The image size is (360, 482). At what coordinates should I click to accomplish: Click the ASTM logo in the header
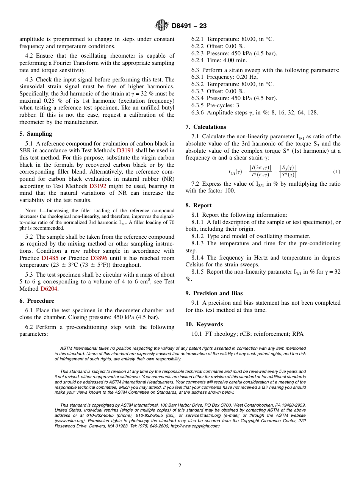coord(162,25)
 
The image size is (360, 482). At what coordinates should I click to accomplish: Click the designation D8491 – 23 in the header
coord(189,26)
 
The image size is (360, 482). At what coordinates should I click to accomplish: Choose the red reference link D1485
coord(50,258)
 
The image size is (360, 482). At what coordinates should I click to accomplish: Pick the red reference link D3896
coord(99,258)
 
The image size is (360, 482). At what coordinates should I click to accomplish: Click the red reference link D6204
coord(49,289)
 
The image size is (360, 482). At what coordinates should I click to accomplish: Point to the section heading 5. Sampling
coord(36,134)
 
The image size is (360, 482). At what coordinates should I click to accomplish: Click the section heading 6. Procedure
coord(37,301)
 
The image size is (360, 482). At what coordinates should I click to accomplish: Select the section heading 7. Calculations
coord(206,127)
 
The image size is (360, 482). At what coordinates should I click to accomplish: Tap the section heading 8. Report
coord(199,205)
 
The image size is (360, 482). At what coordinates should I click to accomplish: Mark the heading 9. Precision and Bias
coord(214,293)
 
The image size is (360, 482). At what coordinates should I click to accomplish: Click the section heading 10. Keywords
coord(204,324)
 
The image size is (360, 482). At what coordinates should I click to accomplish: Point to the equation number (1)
coord(337,172)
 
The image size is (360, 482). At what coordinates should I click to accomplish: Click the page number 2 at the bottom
coord(180,466)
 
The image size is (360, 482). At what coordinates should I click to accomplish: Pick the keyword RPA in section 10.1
coord(298,334)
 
